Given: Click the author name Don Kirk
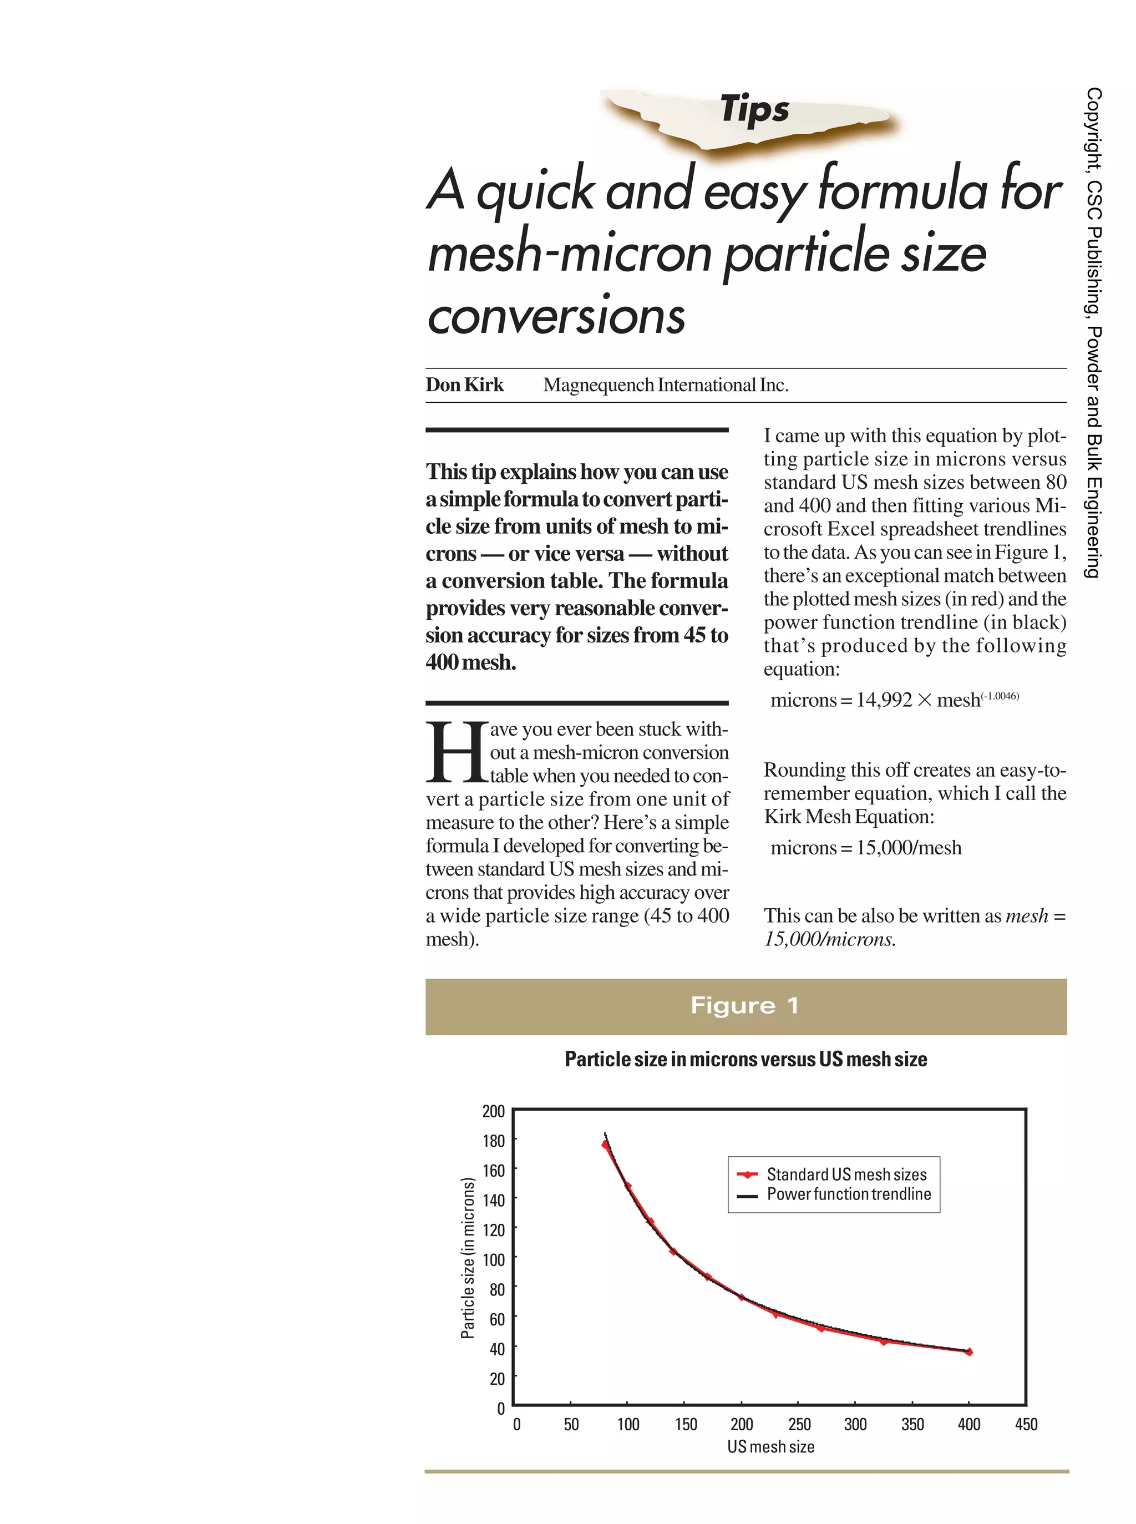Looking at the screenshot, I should click(x=464, y=385).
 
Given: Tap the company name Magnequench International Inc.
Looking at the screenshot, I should click(x=665, y=385).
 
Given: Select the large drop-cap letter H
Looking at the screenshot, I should click(x=456, y=752).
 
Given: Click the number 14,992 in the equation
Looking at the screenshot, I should click(x=884, y=700).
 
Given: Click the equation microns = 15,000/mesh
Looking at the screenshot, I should click(x=866, y=848).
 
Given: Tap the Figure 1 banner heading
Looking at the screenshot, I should click(x=745, y=1005).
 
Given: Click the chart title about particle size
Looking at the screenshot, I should click(x=745, y=1059).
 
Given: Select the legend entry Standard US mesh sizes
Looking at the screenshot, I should click(x=846, y=1174).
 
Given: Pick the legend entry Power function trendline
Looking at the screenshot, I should click(x=848, y=1194).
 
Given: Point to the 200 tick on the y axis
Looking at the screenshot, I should click(x=493, y=1111).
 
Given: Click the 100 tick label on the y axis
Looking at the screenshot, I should click(x=493, y=1259).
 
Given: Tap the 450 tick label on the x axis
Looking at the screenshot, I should click(x=1025, y=1424).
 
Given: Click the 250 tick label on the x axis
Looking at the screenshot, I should click(x=799, y=1424).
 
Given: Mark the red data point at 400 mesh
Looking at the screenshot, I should click(x=969, y=1352).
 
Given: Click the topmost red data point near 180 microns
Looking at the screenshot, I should click(x=605, y=1145).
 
